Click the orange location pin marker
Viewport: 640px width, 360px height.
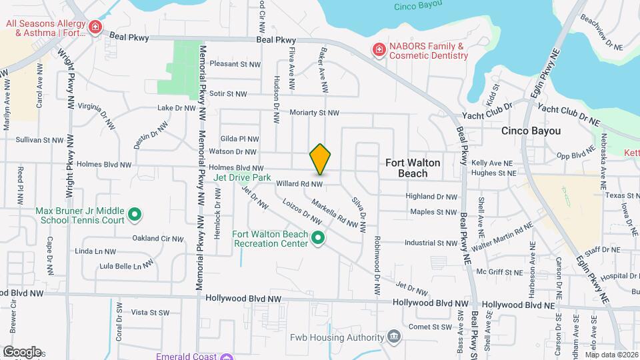tap(320, 159)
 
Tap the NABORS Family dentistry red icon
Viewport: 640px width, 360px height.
tap(379, 51)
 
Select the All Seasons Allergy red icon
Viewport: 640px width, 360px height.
tap(96, 28)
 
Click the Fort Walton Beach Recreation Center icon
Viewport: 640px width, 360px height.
tap(319, 238)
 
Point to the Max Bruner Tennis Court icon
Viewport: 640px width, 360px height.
tap(134, 215)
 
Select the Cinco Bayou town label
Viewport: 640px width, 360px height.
tap(531, 131)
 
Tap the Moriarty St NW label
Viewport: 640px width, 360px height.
tap(315, 113)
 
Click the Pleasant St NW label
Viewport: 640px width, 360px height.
tap(234, 64)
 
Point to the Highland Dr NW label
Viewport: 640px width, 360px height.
tap(432, 197)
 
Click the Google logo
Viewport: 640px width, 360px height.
tap(22, 352)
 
